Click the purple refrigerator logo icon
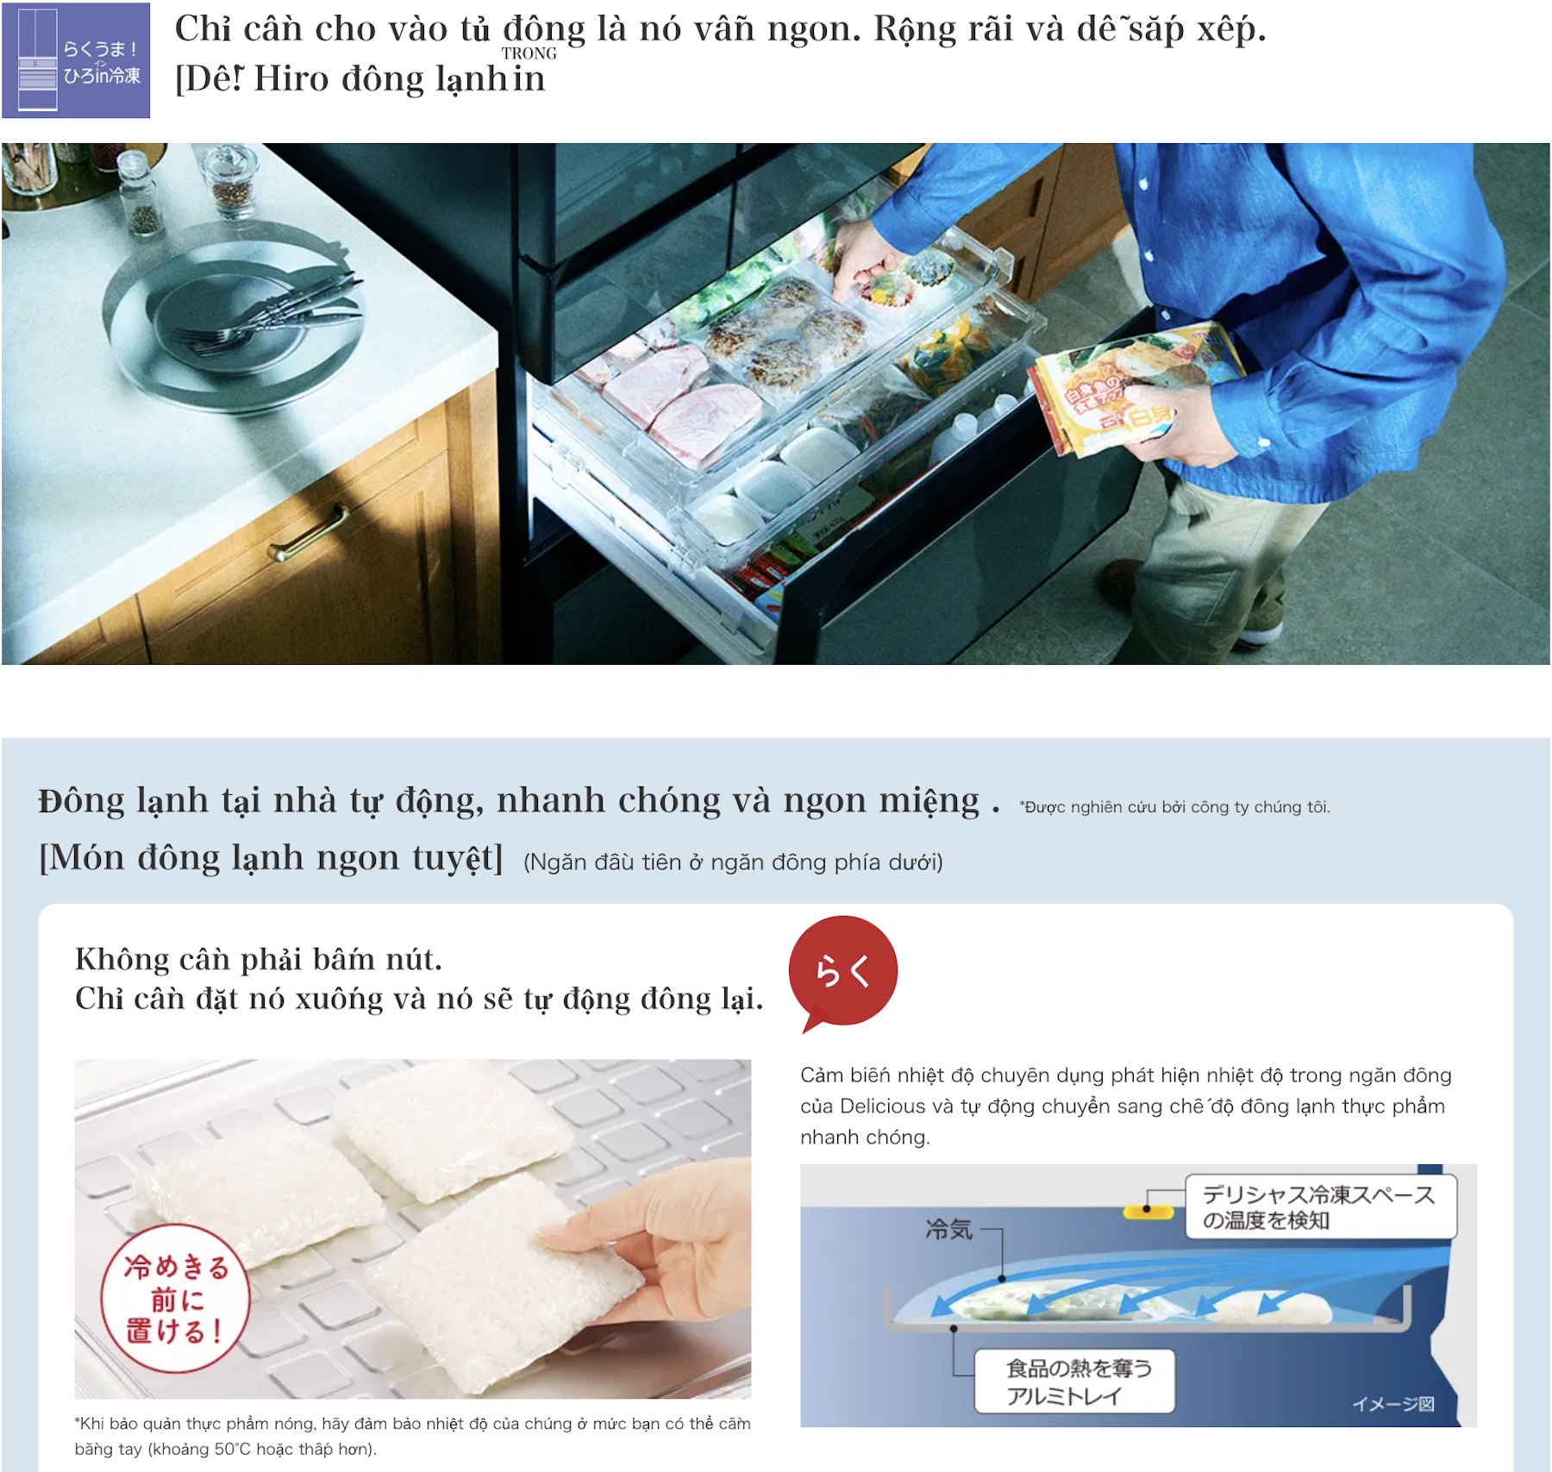(x=76, y=60)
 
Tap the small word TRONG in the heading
(x=529, y=53)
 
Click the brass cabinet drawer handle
(x=308, y=532)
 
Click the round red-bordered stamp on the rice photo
(x=175, y=1298)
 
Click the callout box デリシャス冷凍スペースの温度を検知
(x=1320, y=1206)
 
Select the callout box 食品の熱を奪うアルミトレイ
(x=1074, y=1381)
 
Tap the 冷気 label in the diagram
(x=948, y=1229)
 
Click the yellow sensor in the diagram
(x=1147, y=1212)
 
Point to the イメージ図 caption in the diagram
(x=1393, y=1404)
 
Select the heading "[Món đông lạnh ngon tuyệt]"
(x=271, y=858)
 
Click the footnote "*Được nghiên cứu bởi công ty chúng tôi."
(x=1174, y=807)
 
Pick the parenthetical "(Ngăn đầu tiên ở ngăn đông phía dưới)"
(x=733, y=862)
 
